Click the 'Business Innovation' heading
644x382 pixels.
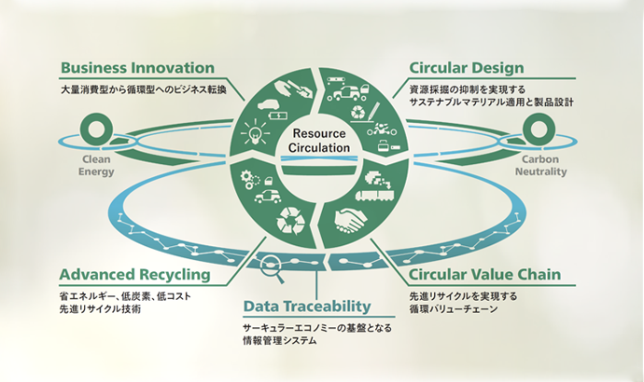[x=136, y=68]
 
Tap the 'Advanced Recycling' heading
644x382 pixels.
[x=133, y=275]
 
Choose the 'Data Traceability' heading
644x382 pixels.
[x=307, y=306]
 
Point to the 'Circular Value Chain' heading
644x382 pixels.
[x=485, y=275]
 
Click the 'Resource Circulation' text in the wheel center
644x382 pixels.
[x=320, y=140]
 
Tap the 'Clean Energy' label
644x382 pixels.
[x=95, y=166]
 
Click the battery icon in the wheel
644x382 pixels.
[x=277, y=115]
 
